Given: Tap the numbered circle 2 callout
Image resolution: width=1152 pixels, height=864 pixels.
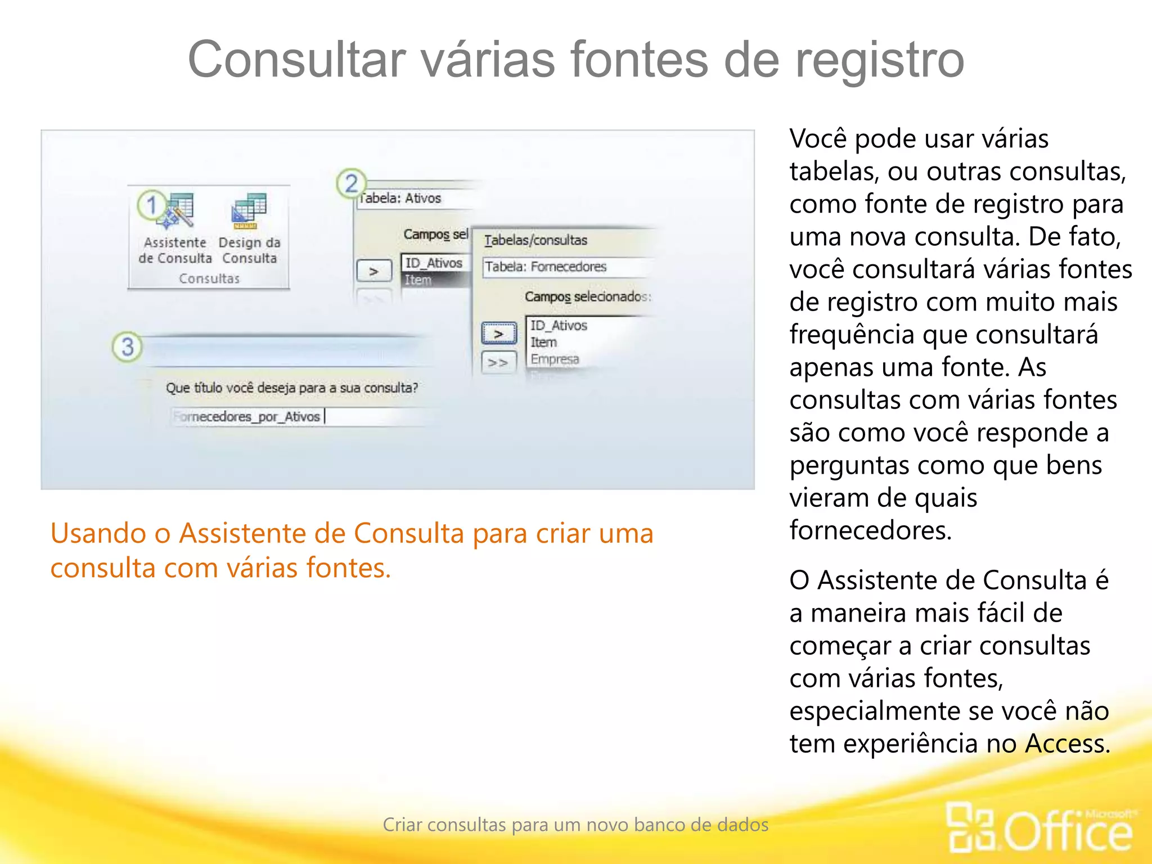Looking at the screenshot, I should pos(351,183).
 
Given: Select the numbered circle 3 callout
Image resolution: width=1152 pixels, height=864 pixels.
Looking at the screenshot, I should pos(127,346).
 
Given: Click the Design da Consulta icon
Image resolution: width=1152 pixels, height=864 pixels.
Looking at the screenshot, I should pos(249,211).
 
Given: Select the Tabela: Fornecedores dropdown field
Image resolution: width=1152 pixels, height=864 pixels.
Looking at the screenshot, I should pos(565,267).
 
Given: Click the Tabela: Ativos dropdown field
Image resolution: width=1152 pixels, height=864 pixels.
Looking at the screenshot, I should pos(416,199).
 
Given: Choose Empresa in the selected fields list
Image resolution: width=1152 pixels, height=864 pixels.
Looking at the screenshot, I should pos(555,359).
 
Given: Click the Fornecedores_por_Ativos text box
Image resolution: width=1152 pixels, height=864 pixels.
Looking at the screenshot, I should pos(292,417).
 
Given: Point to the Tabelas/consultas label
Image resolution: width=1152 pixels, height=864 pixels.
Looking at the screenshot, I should pos(535,240).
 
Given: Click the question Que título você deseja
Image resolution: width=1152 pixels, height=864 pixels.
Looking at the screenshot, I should pos(291,388).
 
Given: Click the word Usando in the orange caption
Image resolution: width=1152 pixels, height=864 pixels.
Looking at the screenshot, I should pos(98,533).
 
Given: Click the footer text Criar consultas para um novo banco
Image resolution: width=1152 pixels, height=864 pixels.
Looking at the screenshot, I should pos(575,825).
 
